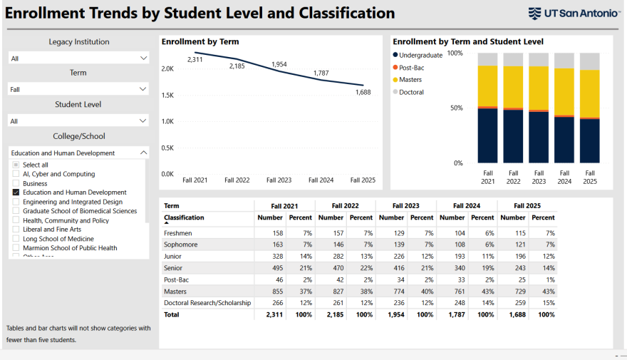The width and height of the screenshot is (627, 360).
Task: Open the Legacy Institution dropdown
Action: [x=78, y=58]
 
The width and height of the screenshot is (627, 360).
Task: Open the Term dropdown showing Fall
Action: [x=78, y=89]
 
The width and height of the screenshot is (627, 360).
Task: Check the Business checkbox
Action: [x=16, y=183]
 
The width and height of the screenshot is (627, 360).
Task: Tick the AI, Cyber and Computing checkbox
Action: [x=16, y=174]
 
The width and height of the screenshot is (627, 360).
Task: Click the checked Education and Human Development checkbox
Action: [x=16, y=192]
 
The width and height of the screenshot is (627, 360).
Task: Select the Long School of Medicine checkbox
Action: [x=16, y=239]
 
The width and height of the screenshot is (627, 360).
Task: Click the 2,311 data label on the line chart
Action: [x=195, y=60]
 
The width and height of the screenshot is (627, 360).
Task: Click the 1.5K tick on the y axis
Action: [x=167, y=95]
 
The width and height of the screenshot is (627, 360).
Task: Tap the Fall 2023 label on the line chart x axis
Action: [x=279, y=180]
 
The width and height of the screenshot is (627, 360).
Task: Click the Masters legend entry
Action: [x=410, y=80]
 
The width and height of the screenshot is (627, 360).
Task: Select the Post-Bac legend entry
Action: [x=411, y=67]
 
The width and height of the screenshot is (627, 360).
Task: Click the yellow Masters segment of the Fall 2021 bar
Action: [x=487, y=86]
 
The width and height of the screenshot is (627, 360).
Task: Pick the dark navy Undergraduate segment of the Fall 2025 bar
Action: [x=589, y=140]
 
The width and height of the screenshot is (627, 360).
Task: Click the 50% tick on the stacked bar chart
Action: [x=455, y=108]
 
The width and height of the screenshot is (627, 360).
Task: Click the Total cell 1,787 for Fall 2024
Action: [x=457, y=314]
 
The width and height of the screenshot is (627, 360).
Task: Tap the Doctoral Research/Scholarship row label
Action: [x=207, y=302]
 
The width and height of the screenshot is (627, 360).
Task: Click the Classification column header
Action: [x=184, y=217]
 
